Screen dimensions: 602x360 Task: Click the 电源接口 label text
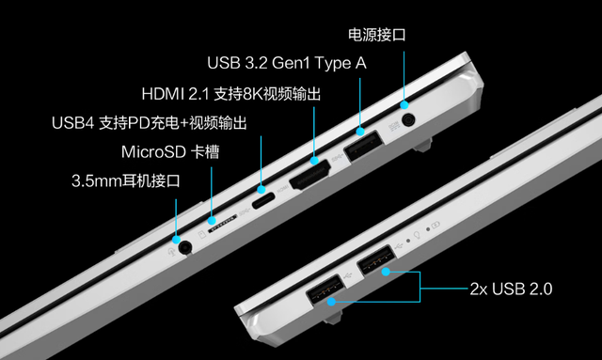pos(376,35)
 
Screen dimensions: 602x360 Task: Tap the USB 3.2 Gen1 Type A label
pos(287,63)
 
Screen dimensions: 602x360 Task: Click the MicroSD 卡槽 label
pos(170,151)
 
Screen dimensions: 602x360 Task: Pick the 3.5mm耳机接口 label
pos(125,180)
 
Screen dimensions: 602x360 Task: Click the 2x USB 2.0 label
pos(511,289)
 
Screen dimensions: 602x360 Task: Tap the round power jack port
pos(408,121)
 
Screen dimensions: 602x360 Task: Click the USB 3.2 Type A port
pos(363,146)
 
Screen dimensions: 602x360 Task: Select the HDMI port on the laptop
pos(309,176)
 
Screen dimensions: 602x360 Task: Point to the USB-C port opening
pos(263,201)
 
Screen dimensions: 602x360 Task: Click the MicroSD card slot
pos(222,224)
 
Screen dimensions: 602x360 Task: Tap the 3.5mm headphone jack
pos(185,247)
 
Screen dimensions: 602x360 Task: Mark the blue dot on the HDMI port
pos(314,161)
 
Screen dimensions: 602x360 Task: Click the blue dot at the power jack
pos(404,104)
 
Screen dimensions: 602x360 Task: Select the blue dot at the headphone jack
pos(176,240)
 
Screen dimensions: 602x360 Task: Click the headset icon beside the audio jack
pos(171,251)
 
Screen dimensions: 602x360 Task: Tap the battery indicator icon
pos(436,225)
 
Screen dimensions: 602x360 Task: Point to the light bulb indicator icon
pos(417,234)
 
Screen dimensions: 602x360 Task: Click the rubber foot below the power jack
pos(422,145)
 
